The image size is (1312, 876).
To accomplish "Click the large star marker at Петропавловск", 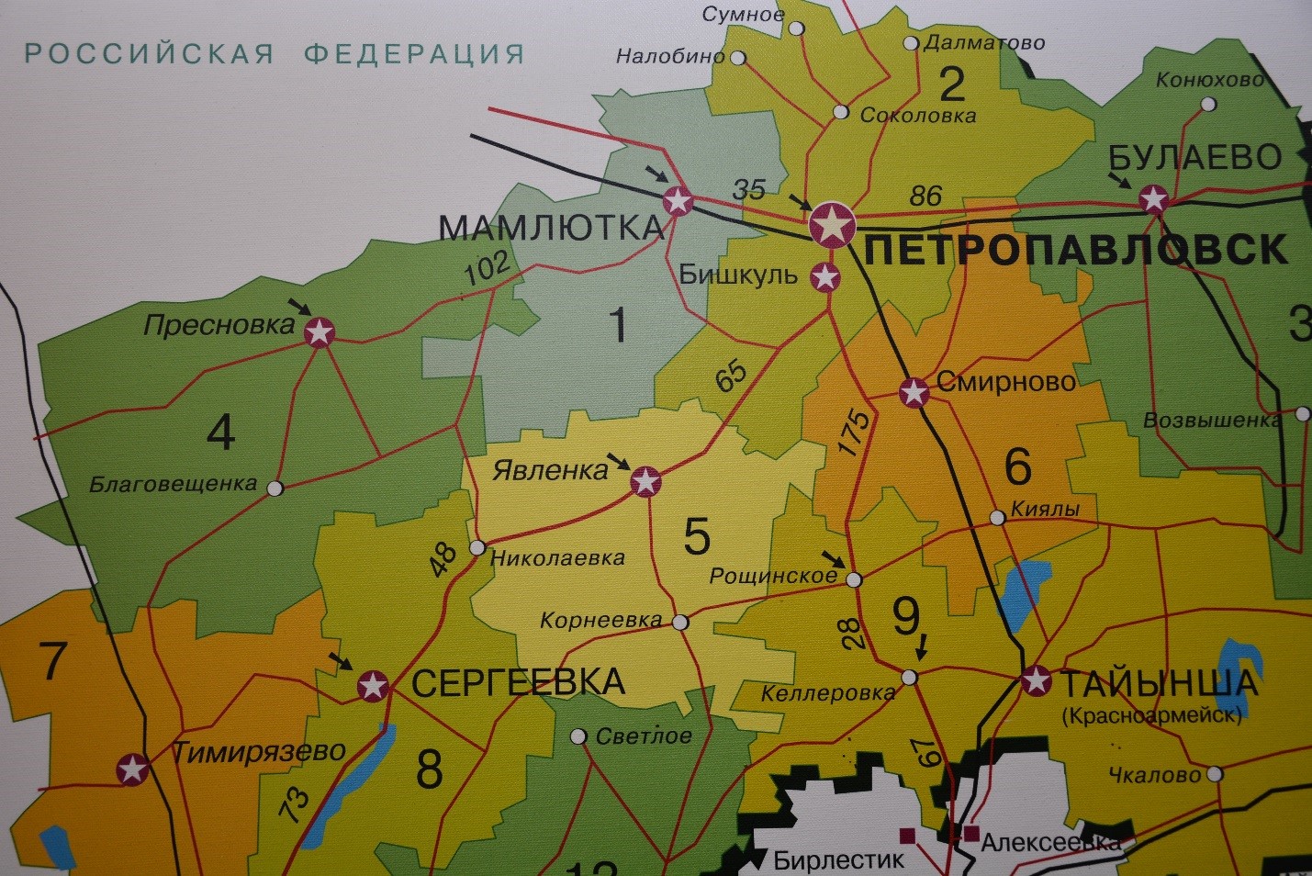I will click(x=833, y=224).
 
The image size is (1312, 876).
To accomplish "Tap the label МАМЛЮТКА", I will click(x=551, y=228).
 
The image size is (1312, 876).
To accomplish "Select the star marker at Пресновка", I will click(x=320, y=331).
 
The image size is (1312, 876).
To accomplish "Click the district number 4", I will click(x=220, y=432).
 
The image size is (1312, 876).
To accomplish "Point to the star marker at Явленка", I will click(x=645, y=480).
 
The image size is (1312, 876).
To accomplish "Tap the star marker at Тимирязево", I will click(x=133, y=769).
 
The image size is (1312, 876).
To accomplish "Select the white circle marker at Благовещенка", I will click(x=275, y=488).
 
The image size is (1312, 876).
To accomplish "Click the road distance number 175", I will click(x=854, y=432).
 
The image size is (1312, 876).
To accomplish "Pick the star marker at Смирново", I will click(x=914, y=392).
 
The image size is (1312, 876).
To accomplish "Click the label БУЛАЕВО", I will click(x=1194, y=158).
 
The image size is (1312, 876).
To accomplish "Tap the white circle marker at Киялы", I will click(x=997, y=518).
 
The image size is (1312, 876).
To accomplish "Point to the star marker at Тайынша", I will click(x=1037, y=680).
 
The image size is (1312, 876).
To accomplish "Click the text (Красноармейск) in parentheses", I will click(x=1151, y=715).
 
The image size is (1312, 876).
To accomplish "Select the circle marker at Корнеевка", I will click(x=679, y=623).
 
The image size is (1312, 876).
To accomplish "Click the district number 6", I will click(x=1017, y=466).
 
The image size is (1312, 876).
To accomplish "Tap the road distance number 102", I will click(x=487, y=268).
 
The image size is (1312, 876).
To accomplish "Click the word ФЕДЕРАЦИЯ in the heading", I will click(x=414, y=54).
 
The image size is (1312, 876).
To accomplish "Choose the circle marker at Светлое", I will click(x=578, y=736).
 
